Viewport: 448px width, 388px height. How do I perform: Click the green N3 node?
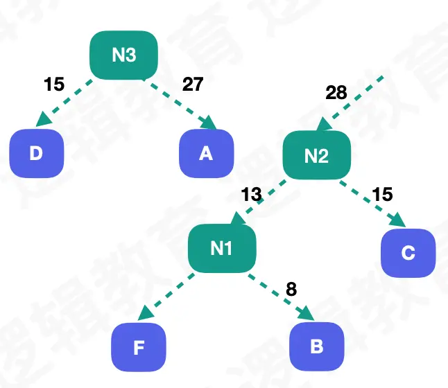[124, 55]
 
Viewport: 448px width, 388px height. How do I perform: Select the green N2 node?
[316, 156]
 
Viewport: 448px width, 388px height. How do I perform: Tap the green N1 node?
[222, 247]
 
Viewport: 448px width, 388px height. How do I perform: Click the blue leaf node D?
[37, 152]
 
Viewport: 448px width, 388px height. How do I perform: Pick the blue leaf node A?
[206, 152]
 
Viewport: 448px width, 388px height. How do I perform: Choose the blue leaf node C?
[408, 253]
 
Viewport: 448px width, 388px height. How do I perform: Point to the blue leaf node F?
[139, 346]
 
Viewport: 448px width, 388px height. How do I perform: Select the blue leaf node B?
[316, 346]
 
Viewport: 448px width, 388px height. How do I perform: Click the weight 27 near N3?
[193, 85]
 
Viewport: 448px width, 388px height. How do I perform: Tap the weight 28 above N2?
[336, 93]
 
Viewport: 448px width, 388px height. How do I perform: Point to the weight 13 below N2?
[251, 195]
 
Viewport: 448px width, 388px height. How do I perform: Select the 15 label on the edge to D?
[53, 85]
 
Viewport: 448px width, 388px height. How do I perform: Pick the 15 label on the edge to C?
[382, 195]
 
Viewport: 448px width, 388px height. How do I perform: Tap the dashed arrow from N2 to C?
[372, 202]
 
